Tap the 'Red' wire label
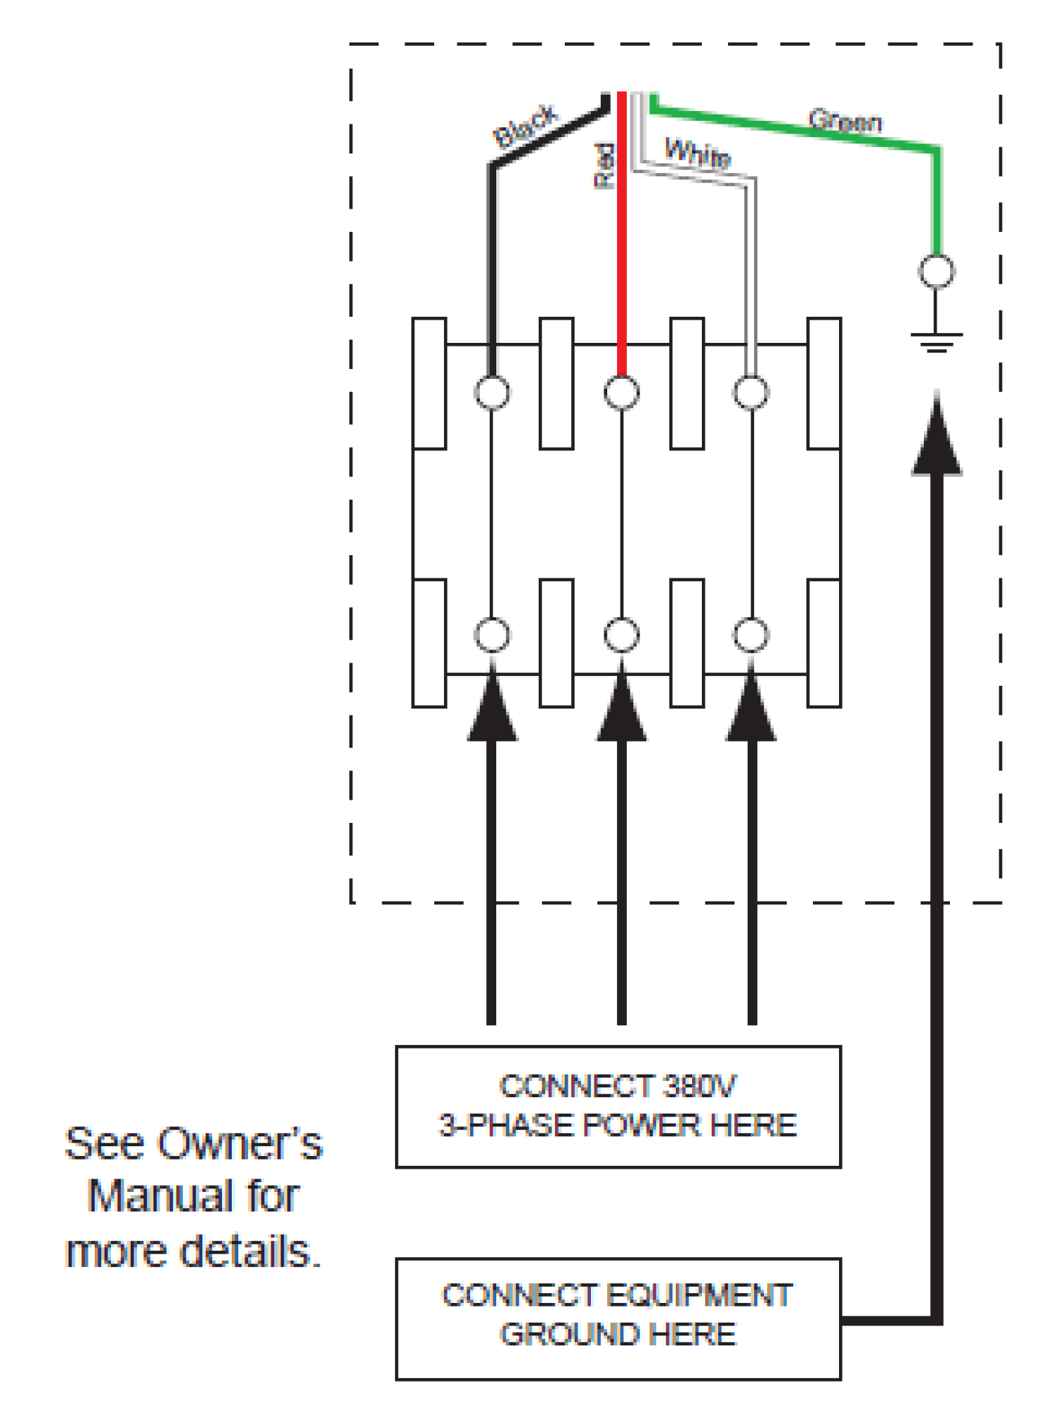tap(604, 165)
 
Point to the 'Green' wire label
tap(845, 121)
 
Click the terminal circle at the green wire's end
tap(937, 271)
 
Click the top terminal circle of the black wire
tap(492, 392)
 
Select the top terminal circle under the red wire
tap(622, 392)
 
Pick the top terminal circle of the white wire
tap(751, 392)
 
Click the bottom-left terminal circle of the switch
tap(492, 634)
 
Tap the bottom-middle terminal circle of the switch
tap(622, 634)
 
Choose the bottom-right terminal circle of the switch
tap(751, 634)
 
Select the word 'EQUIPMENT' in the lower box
tap(699, 1296)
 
